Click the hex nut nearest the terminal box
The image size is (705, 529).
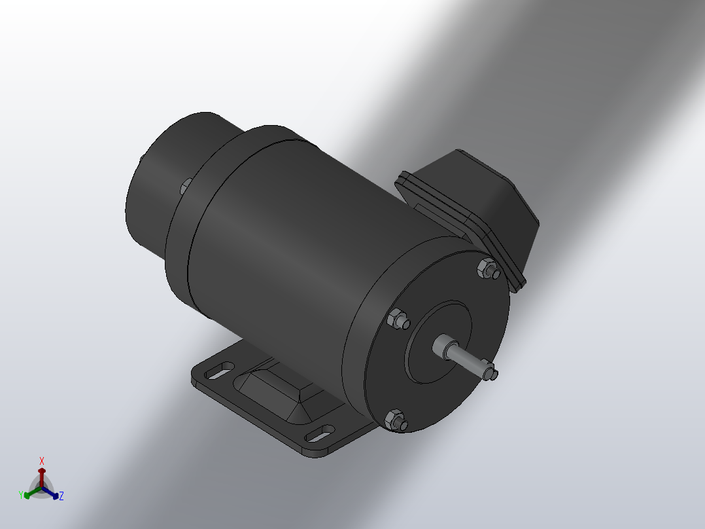click(487, 267)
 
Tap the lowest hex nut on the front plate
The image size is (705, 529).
click(395, 420)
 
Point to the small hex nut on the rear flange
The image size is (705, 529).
click(185, 186)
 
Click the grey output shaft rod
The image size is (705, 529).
click(466, 357)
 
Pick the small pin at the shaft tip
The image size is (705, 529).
click(491, 373)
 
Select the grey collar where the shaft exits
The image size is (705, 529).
click(445, 346)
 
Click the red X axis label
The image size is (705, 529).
click(42, 460)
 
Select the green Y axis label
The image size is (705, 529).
click(22, 494)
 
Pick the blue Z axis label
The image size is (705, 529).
click(61, 496)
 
